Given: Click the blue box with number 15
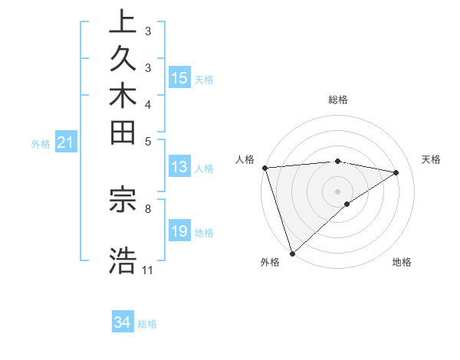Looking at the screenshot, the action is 179,78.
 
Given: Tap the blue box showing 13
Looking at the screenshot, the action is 179,167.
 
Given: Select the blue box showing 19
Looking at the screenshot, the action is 179,231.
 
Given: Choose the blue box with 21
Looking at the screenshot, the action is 66,142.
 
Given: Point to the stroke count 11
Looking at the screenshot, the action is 148,270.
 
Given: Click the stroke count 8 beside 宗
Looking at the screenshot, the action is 148,208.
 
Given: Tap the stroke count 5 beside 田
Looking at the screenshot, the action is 148,141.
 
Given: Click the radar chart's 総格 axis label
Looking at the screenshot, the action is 338,100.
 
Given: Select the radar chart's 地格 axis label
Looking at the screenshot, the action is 402,262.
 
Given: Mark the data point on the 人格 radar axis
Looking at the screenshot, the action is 264,168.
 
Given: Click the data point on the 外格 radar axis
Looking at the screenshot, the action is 292,254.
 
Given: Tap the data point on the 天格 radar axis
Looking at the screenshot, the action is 396,172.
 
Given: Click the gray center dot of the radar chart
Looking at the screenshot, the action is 338,191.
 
